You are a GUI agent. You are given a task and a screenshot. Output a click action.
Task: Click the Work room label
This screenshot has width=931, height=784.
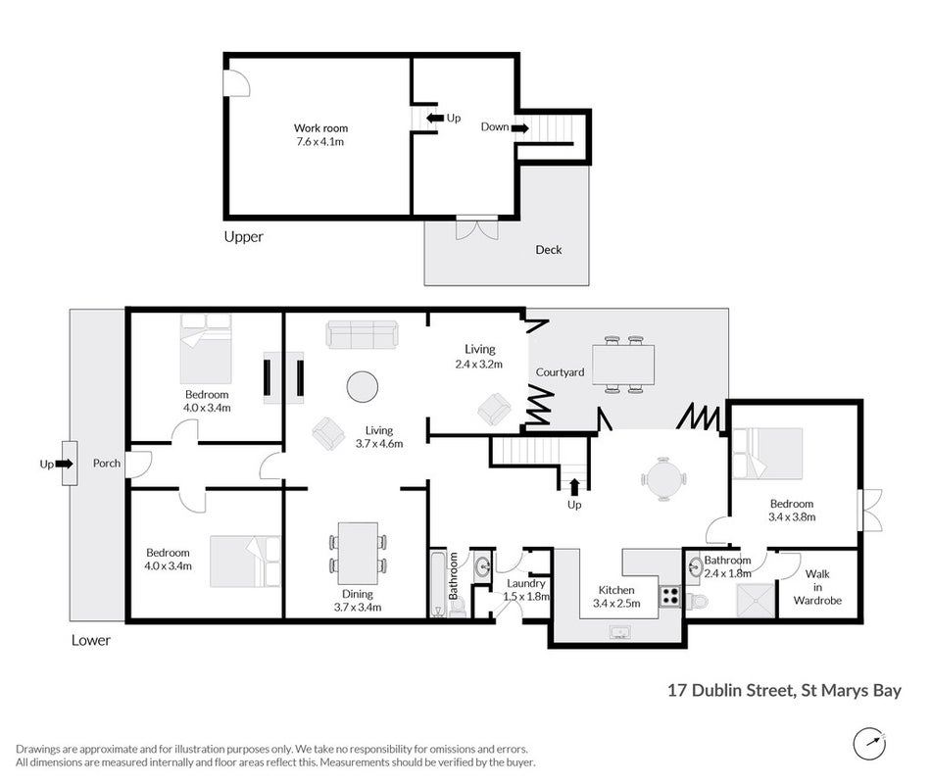320,127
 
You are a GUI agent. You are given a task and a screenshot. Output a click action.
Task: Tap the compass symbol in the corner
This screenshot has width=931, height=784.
869,743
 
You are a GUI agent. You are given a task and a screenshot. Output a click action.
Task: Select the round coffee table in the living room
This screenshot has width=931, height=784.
363,387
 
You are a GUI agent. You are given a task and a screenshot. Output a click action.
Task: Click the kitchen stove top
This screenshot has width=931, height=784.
670,596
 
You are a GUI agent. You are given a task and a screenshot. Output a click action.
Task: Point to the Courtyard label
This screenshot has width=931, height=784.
560,371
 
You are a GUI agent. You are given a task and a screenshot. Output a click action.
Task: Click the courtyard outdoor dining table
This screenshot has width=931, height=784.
623,365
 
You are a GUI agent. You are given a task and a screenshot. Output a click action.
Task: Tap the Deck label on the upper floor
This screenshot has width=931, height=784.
549,250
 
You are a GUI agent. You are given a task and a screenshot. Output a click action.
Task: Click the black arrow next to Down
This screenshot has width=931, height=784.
520,127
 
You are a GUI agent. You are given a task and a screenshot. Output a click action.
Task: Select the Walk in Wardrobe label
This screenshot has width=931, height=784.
817,587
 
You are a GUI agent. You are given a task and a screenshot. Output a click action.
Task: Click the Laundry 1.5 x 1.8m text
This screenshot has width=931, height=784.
526,590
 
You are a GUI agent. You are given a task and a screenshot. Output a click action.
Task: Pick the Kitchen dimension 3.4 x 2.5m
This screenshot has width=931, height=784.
616,604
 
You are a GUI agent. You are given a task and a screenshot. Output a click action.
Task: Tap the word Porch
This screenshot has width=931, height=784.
107,464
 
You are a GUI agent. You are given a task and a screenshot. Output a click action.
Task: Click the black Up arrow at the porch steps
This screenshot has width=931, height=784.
64,464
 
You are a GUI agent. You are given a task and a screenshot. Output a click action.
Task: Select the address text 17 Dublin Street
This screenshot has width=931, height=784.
730,690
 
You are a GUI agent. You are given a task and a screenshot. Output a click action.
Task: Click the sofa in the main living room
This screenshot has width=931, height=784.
361,334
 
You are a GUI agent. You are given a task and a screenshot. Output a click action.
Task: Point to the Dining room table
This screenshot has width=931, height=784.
358,554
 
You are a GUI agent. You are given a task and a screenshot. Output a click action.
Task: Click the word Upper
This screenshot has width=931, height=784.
243,237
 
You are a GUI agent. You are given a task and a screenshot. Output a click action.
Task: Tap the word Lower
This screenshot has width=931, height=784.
91,640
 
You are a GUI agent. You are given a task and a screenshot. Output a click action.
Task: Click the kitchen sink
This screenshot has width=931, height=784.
620,632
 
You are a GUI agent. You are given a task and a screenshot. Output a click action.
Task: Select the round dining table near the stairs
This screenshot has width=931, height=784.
663,478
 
